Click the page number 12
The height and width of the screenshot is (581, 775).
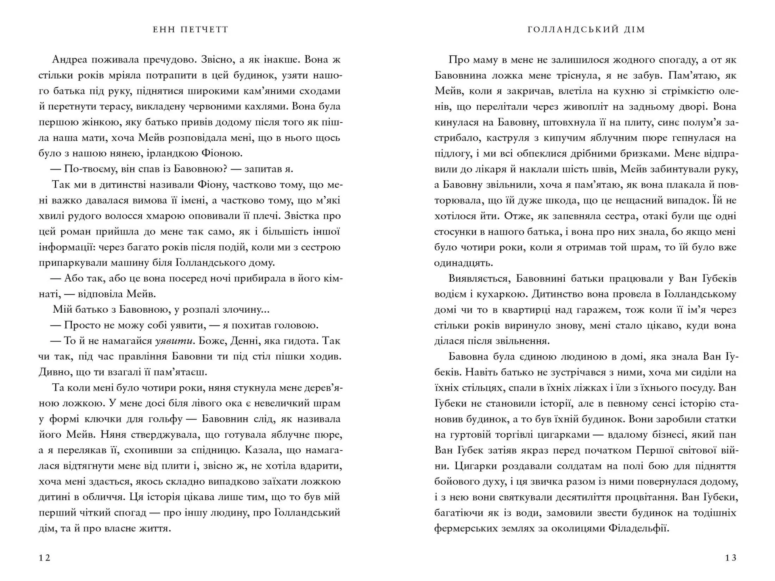tap(44, 558)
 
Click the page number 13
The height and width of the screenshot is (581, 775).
tap(731, 558)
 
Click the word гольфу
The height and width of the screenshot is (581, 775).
tap(163, 419)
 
